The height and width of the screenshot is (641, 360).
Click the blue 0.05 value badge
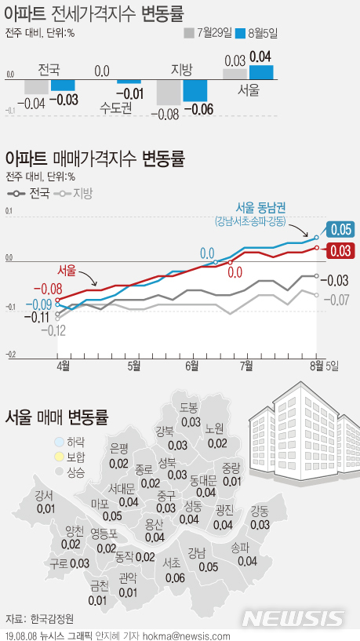pos(340,230)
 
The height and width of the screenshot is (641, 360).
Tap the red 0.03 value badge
pos(340,250)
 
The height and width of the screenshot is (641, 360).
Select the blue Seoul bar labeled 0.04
pos(261,71)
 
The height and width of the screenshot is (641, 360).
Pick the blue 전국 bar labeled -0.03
pos(63,84)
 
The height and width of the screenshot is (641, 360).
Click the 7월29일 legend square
pos(188,33)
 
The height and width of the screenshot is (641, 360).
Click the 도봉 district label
pos(188,408)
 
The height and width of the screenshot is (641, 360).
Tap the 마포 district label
pos(100,503)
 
